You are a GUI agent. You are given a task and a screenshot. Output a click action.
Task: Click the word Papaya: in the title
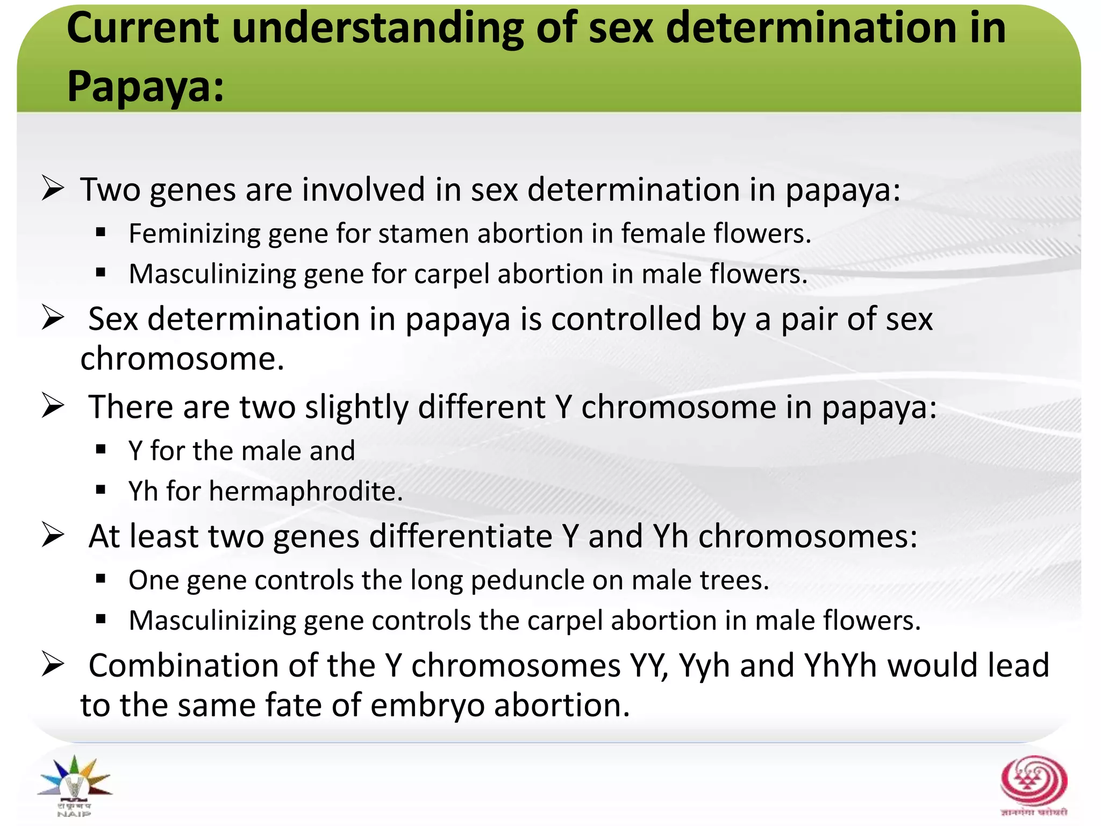[x=145, y=87]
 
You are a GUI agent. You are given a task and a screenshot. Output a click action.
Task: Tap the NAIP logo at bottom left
[x=75, y=785]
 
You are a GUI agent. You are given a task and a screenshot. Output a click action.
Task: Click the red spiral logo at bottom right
[x=1033, y=782]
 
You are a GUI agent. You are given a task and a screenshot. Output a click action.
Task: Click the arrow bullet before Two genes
[x=53, y=189]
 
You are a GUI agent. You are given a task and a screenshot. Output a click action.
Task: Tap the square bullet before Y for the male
[x=101, y=450]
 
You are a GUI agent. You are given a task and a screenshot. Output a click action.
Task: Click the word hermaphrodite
[x=305, y=492]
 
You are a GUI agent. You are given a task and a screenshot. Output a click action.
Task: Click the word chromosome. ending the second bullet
[x=182, y=359]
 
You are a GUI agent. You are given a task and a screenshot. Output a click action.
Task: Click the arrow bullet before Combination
[x=53, y=665]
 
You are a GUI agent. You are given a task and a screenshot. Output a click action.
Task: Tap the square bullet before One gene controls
[x=101, y=579]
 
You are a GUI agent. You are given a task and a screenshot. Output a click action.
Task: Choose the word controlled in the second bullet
[x=626, y=319]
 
